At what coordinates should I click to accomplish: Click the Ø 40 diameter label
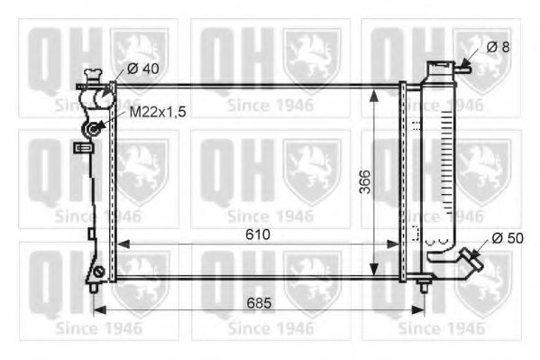tap(143, 67)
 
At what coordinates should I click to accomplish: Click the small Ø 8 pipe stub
tap(465, 64)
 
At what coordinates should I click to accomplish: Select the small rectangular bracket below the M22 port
tap(78, 150)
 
